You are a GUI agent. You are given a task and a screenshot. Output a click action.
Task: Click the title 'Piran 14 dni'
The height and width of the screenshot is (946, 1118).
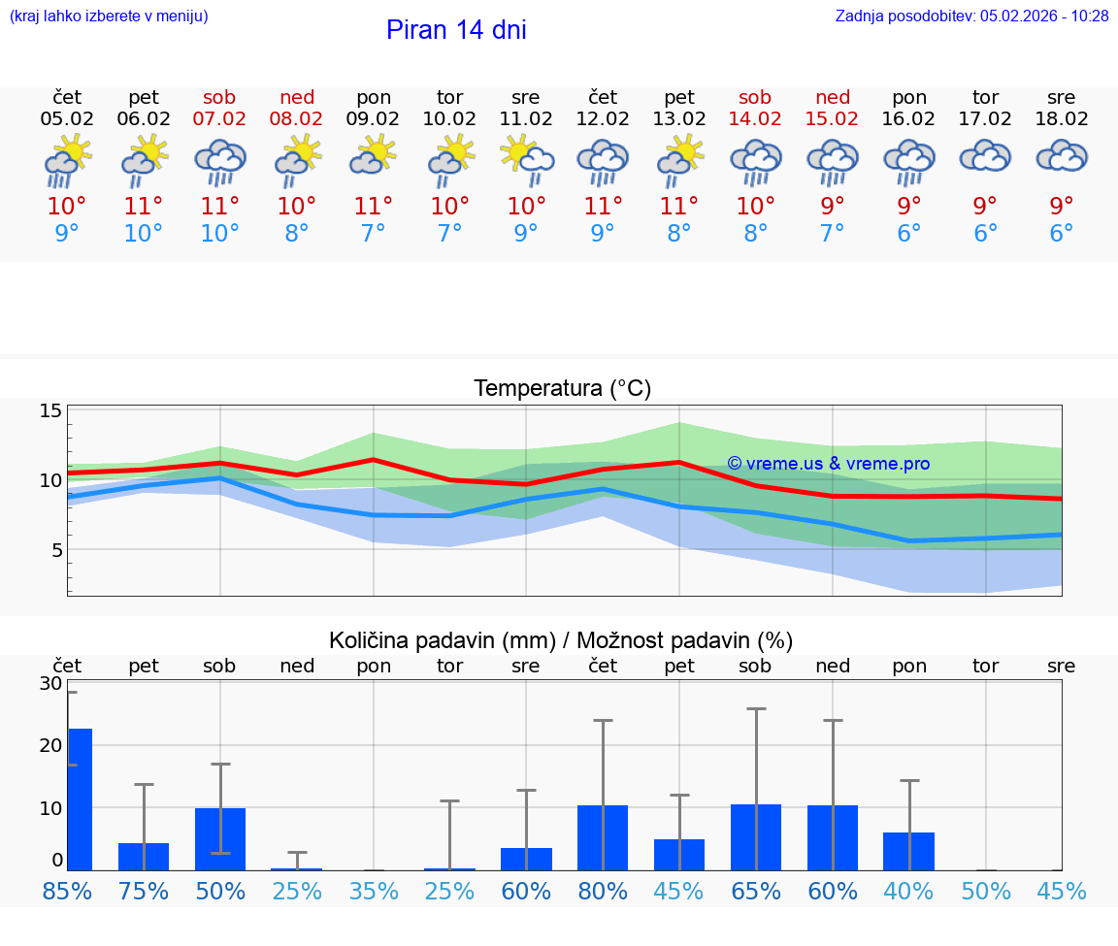tap(456, 30)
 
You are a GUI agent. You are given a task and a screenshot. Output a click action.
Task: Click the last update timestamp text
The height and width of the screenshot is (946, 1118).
tap(971, 16)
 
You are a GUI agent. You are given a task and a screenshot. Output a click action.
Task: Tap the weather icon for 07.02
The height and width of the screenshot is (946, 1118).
tap(220, 161)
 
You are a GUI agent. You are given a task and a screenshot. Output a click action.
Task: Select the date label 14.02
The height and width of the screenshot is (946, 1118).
tap(755, 119)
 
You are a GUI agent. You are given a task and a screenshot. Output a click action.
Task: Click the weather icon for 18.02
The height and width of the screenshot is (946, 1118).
tap(1062, 157)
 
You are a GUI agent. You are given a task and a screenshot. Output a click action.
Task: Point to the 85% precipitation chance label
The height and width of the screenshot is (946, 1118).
tap(67, 891)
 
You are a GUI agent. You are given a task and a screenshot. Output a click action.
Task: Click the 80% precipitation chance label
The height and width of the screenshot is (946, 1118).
tap(603, 891)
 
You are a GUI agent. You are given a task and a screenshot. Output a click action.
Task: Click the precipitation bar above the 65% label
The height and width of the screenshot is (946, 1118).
tap(756, 836)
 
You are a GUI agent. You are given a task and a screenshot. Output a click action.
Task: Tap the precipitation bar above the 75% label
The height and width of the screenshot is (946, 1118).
tap(144, 856)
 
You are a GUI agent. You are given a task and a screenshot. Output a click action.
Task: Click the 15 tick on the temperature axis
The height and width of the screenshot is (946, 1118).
tap(50, 410)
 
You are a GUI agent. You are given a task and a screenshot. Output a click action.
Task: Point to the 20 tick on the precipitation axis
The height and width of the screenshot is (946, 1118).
tap(50, 745)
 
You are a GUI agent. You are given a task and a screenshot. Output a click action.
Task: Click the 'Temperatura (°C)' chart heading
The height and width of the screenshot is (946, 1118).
tap(562, 389)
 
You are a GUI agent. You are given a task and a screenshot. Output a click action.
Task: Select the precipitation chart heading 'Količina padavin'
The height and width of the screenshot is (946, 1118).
tap(561, 640)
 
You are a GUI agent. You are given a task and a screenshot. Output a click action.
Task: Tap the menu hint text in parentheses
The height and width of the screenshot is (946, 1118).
tap(109, 16)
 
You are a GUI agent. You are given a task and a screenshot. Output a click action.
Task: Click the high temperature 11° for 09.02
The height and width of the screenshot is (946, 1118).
tap(373, 206)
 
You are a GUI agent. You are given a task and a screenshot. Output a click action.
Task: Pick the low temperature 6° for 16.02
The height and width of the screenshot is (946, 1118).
tap(908, 234)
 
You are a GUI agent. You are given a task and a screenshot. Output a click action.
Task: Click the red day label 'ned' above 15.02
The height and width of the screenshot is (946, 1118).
tap(833, 97)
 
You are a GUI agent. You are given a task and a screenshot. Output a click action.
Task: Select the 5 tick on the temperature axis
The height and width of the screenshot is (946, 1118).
tap(56, 550)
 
